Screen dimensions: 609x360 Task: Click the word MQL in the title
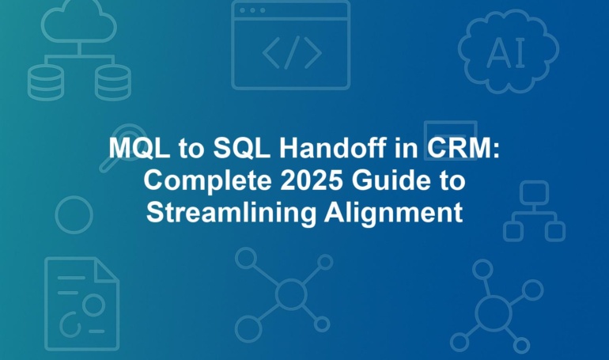click(139, 148)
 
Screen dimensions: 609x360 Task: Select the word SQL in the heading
click(241, 148)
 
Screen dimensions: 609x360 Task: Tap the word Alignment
click(393, 214)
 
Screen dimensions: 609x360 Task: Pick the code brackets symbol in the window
click(292, 52)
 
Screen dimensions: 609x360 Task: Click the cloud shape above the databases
click(79, 22)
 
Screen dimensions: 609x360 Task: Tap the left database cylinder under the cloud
click(45, 82)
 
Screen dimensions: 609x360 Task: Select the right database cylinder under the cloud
click(113, 82)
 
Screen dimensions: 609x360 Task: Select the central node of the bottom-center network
click(290, 294)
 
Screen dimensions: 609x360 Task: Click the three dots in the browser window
click(252, 10)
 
